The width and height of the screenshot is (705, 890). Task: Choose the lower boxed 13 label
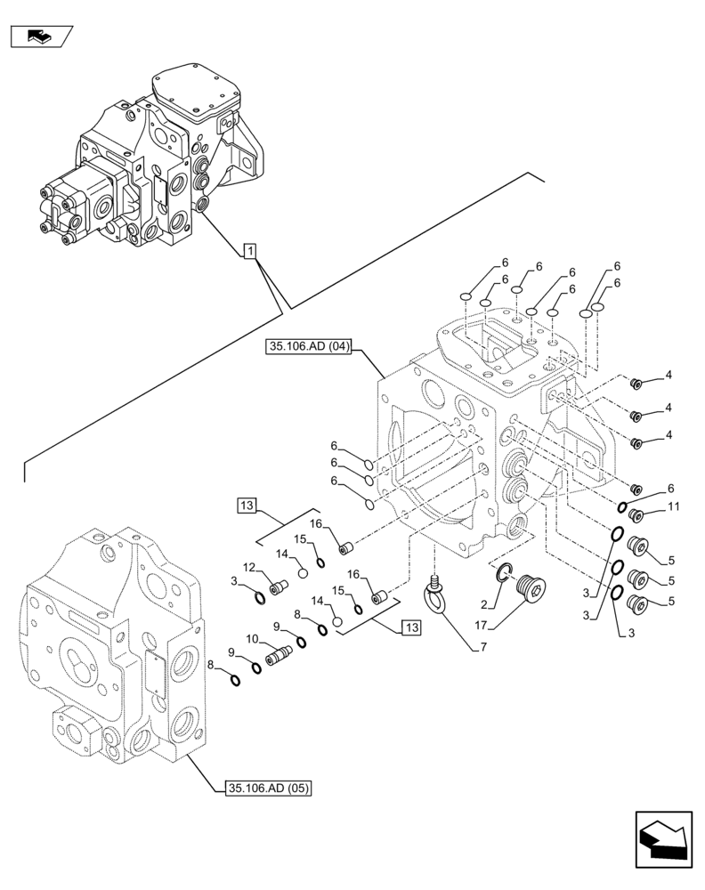(x=411, y=629)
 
